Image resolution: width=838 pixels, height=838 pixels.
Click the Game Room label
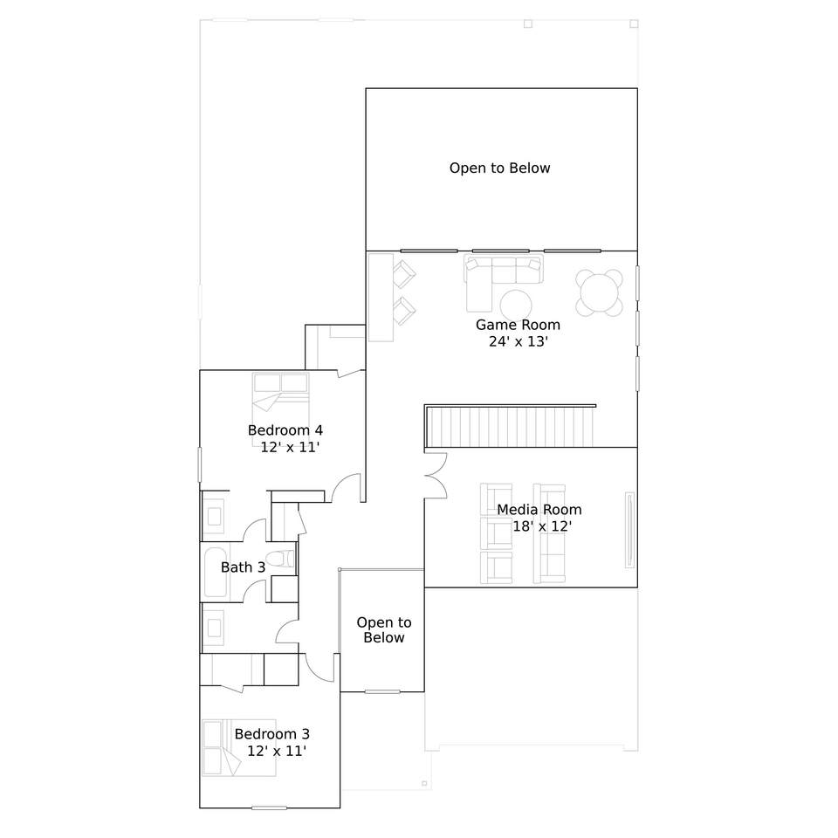click(x=518, y=325)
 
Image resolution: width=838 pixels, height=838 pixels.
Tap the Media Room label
click(x=539, y=510)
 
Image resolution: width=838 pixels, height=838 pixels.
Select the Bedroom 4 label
click(x=285, y=430)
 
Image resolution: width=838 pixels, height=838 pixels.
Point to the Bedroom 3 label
click(x=272, y=734)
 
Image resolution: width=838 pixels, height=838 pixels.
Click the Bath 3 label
click(x=244, y=567)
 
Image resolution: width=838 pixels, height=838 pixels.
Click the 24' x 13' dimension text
click(x=519, y=341)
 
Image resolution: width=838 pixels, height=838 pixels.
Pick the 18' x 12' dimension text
click(x=542, y=526)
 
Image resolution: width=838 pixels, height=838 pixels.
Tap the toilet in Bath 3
click(x=280, y=559)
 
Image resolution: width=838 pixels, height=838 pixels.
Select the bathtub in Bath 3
click(x=216, y=572)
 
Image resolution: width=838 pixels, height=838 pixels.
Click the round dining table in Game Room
click(x=599, y=293)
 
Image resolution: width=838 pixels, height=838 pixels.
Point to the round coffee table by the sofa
click(x=516, y=306)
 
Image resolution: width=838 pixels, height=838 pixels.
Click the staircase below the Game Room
click(x=511, y=427)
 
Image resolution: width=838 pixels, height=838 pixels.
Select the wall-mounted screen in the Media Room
click(x=630, y=530)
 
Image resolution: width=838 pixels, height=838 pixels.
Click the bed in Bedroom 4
click(x=280, y=409)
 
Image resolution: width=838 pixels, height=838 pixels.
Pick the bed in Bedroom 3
click(x=239, y=748)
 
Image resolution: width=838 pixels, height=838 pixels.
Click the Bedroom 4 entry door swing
click(x=346, y=488)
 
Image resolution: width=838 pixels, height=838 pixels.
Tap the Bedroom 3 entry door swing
click(x=319, y=668)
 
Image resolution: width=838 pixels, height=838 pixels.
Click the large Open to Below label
click(x=499, y=168)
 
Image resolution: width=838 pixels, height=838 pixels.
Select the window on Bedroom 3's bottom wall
click(x=270, y=808)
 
